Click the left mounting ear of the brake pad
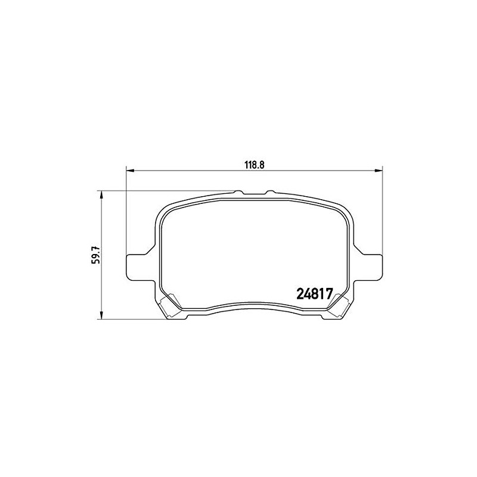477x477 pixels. coord(138,266)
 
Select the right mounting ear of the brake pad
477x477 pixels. coord(369,266)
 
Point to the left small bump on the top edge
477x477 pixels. coord(238,192)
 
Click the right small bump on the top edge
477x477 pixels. coord(269,192)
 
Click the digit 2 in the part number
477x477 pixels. coord(301,294)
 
